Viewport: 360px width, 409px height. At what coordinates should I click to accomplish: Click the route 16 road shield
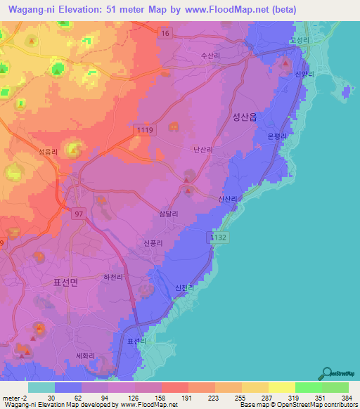164,33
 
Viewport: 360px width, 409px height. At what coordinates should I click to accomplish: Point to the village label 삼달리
168,214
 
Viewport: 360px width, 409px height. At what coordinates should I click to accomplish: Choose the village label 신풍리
153,243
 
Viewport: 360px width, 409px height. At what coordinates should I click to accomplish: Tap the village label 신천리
182,287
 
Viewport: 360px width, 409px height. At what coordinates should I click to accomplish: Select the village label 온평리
278,136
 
